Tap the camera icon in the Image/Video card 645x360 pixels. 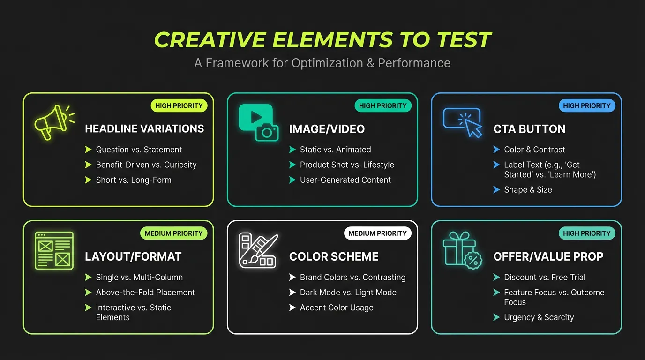tap(267, 132)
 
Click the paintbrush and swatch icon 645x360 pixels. tap(257, 250)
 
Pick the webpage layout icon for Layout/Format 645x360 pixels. tap(54, 250)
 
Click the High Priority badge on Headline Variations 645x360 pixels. tap(179, 105)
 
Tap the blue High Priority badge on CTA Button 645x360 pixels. tap(587, 105)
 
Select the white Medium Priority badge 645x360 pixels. tap(377, 233)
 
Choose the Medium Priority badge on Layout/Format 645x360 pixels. tap(173, 233)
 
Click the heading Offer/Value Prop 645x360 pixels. tap(548, 256)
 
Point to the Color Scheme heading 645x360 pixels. tap(333, 256)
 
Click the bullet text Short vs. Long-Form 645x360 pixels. tap(134, 180)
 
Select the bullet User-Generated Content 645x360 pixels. tap(345, 180)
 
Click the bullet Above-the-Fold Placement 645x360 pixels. tap(145, 292)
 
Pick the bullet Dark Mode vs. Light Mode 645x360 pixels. tap(348, 292)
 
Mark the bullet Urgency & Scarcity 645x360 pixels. tap(539, 317)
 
